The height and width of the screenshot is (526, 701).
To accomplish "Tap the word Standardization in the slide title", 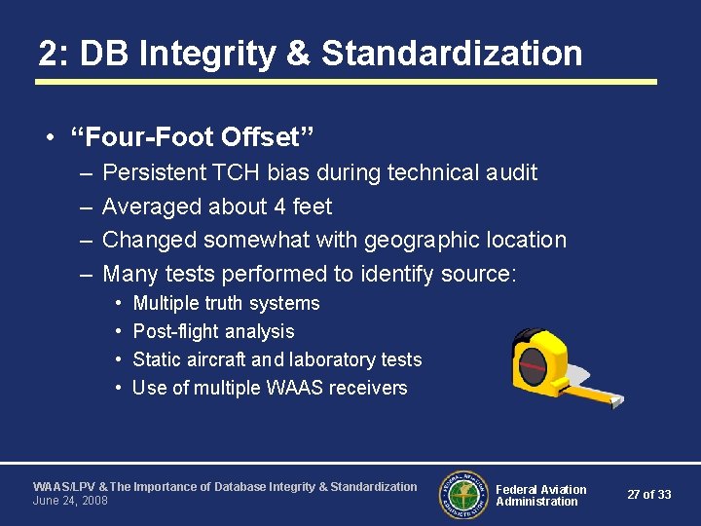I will (452, 53).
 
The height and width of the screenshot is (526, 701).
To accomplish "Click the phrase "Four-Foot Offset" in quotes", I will (193, 135).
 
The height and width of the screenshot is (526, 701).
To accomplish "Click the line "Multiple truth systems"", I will (226, 303).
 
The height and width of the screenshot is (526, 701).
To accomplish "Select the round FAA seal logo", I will (463, 494).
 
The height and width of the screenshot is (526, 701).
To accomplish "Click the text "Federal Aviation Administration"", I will (540, 495).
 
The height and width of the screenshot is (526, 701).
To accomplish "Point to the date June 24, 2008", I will (70, 501).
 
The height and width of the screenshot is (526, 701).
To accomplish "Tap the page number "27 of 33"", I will (649, 495).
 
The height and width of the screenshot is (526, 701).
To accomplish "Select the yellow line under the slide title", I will (346, 82).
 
